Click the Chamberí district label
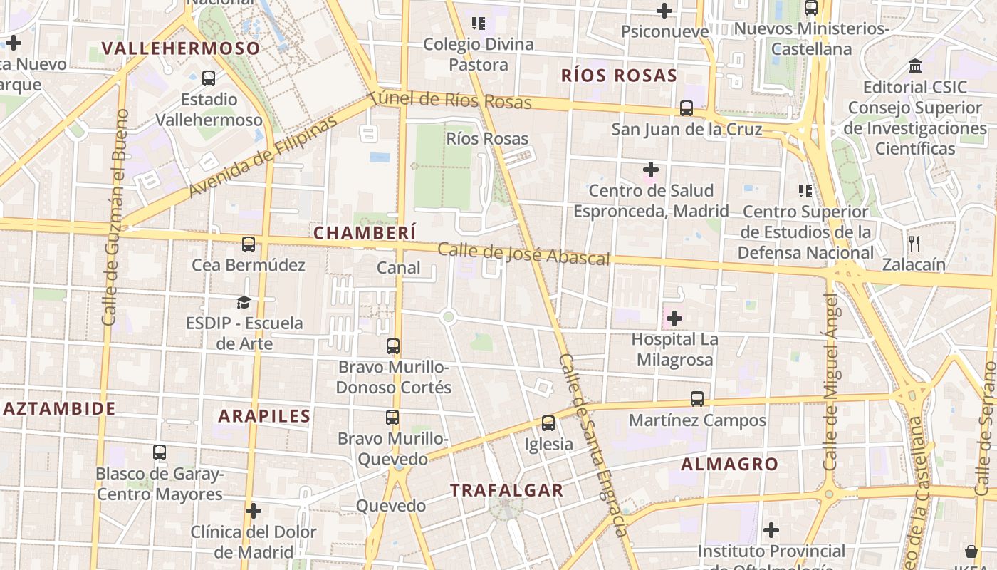coord(365,233)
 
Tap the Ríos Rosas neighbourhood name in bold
coord(618,76)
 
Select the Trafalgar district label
coord(506,490)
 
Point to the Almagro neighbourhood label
coord(729,465)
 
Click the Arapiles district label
coord(264,416)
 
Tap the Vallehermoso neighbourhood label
coord(181,48)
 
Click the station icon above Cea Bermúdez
coord(249,244)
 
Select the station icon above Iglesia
coord(548,423)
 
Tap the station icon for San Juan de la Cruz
coord(687,108)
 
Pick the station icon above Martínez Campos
coord(697,399)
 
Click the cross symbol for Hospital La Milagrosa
coord(674,318)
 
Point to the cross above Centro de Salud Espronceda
coord(650,170)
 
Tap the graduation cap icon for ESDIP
coord(244,302)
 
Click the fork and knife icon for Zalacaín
coord(914,244)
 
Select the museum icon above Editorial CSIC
coord(915,66)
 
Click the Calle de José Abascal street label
coord(523,254)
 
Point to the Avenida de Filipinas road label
coord(263,157)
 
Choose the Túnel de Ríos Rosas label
coord(450,100)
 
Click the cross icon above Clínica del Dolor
coord(254,511)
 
